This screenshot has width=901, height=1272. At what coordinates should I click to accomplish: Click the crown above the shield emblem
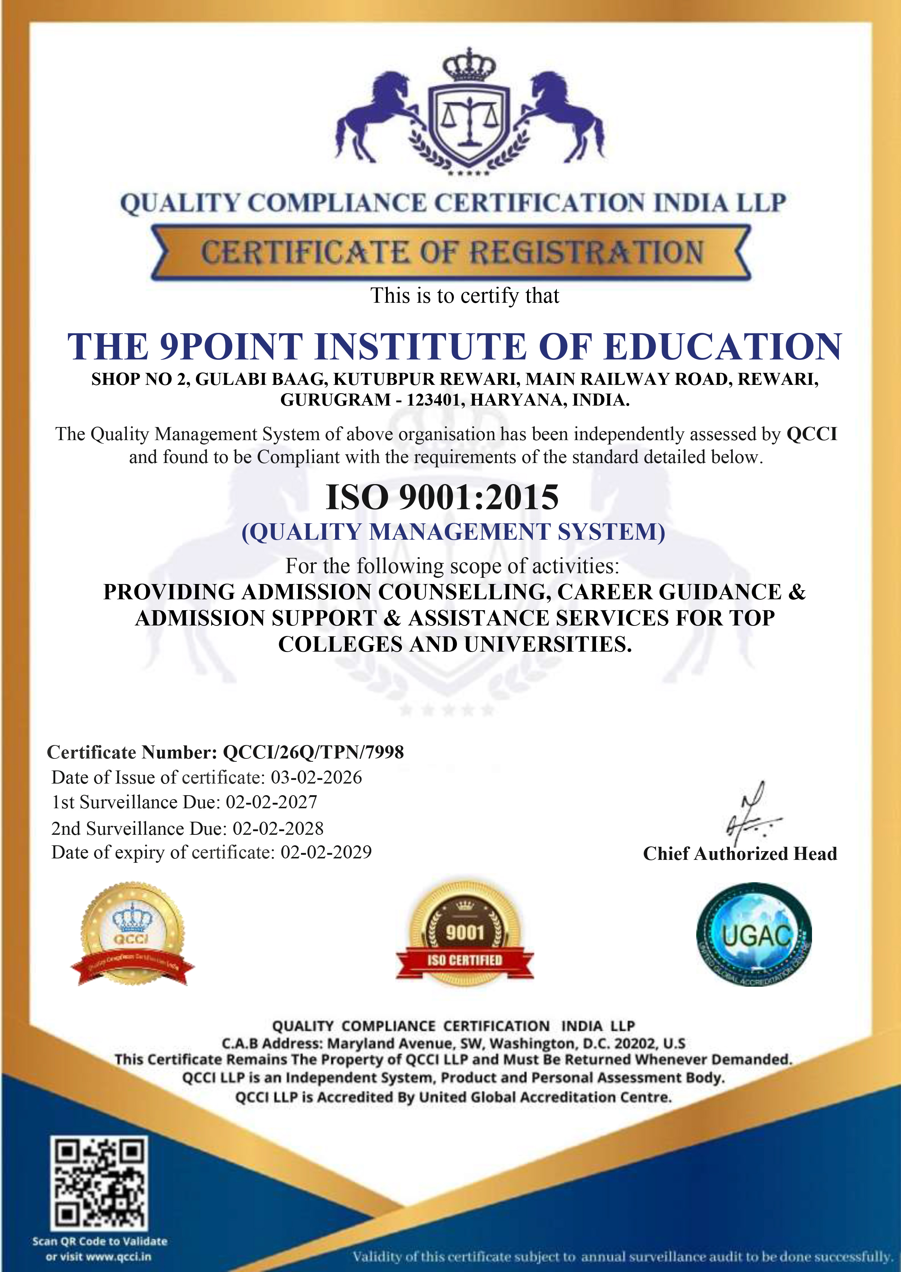(469, 65)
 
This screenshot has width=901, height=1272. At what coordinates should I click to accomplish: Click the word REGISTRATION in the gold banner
(587, 253)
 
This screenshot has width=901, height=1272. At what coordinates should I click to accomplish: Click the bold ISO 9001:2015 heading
(442, 497)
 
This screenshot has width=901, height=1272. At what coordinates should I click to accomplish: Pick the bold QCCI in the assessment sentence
(812, 434)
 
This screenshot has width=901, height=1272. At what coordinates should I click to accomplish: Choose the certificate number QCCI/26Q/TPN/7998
(313, 752)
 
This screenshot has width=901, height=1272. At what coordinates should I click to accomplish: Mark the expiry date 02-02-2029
(326, 852)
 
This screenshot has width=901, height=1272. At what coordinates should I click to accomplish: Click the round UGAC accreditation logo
(755, 935)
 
